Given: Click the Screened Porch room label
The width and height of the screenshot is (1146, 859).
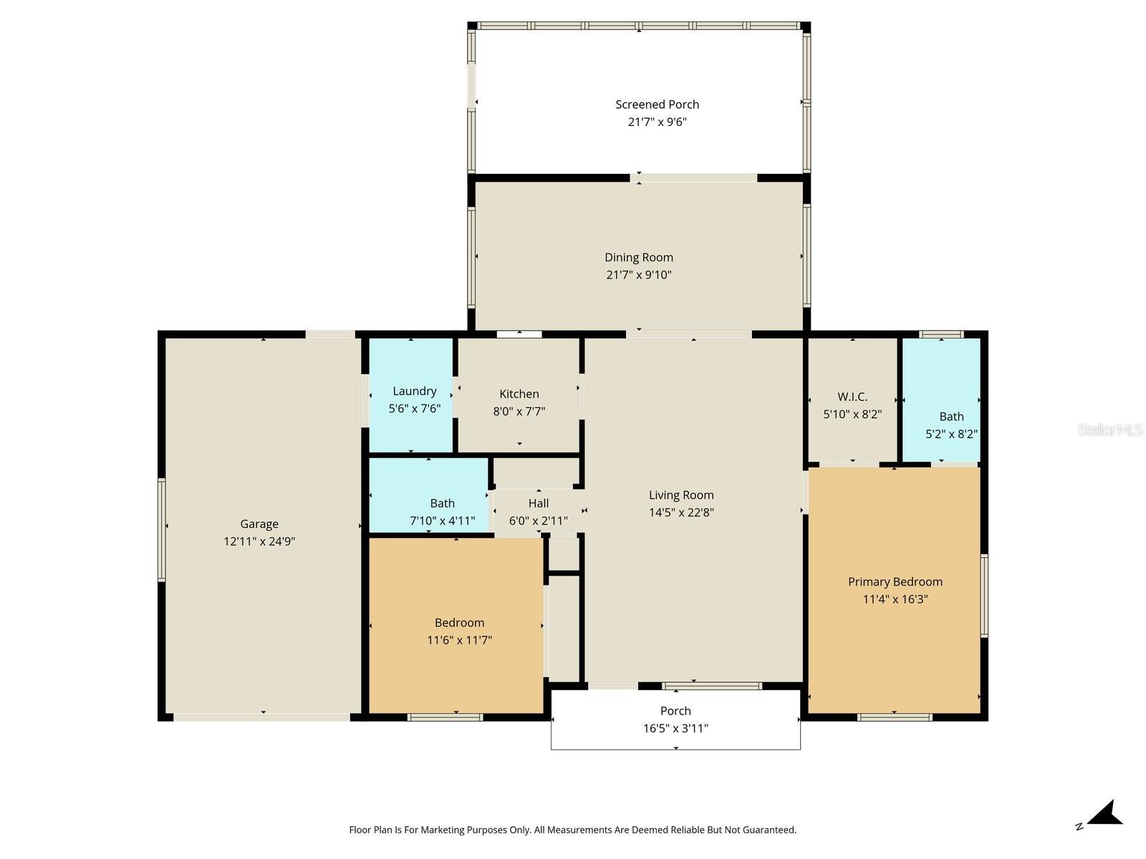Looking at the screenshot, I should pyautogui.click(x=657, y=105).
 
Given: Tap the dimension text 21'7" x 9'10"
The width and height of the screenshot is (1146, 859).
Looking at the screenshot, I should pyautogui.click(x=638, y=275).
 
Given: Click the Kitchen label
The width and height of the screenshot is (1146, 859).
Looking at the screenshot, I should pyautogui.click(x=519, y=394).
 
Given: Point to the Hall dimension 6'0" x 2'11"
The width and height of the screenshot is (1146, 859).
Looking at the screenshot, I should pyautogui.click(x=538, y=521).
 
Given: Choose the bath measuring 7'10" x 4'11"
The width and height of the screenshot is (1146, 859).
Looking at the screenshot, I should pyautogui.click(x=442, y=512).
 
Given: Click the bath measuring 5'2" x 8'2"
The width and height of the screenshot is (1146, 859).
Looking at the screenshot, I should pyautogui.click(x=950, y=424).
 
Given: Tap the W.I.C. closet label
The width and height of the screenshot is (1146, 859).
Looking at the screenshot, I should pyautogui.click(x=852, y=397).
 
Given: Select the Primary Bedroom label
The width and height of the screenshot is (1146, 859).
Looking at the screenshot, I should pyautogui.click(x=895, y=582).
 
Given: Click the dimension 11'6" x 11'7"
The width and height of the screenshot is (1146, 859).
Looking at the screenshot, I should pyautogui.click(x=459, y=640).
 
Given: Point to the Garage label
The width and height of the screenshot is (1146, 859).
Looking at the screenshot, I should pyautogui.click(x=259, y=524).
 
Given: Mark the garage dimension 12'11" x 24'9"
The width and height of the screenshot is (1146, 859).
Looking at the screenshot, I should pyautogui.click(x=259, y=542).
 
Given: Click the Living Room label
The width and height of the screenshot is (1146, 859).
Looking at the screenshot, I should pyautogui.click(x=680, y=495).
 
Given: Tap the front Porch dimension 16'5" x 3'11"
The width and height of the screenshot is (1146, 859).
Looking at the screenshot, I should pyautogui.click(x=675, y=729).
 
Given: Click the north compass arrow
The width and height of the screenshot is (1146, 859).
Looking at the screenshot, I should pyautogui.click(x=1106, y=815).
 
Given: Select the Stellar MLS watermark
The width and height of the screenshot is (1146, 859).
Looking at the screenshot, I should pyautogui.click(x=1109, y=429).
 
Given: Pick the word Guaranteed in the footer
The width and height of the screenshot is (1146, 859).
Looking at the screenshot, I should pyautogui.click(x=768, y=830).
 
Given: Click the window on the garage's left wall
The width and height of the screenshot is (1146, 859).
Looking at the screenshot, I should pyautogui.click(x=162, y=530).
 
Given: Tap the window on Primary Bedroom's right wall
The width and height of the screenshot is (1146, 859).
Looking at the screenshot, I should pyautogui.click(x=984, y=596).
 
